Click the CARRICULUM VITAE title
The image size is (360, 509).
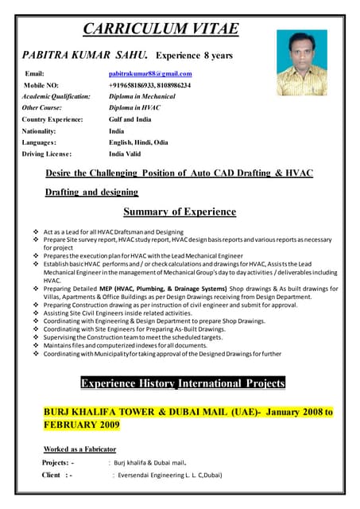pos(161,29)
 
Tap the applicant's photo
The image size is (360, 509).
pos(301,63)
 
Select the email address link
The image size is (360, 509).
pos(150,74)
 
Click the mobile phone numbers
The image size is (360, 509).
pos(149,84)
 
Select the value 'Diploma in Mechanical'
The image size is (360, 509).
pos(143,95)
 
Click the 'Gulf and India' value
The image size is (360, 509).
pos(130,119)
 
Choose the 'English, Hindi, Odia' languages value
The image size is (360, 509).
pos(138,142)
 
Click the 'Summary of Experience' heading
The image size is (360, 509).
pos(180,212)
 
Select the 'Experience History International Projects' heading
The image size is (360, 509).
pos(183,383)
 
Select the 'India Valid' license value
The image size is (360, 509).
pos(126,153)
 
